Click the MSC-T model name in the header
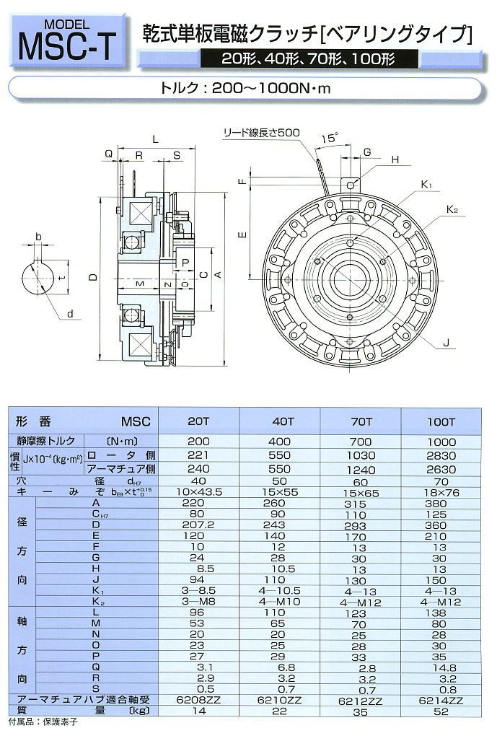click(64, 46)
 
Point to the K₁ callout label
click(426, 185)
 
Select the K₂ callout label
click(452, 210)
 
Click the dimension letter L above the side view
click(156, 138)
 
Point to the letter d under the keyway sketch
click(69, 314)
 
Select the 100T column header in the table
click(441, 420)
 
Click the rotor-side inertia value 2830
click(441, 455)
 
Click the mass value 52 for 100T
click(441, 711)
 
